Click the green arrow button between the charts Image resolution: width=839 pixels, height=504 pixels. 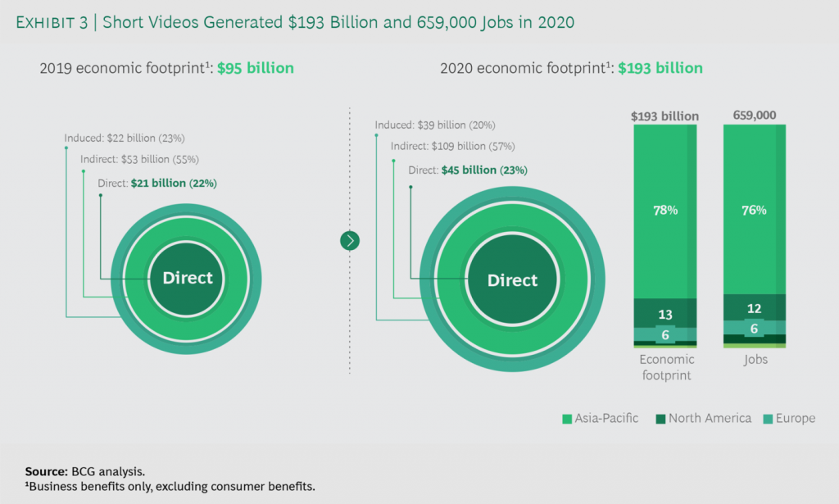[350, 240]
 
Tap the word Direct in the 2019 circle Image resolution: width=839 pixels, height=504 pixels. [187, 278]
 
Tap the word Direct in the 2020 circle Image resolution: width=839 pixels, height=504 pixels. [512, 280]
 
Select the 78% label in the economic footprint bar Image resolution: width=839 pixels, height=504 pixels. [664, 210]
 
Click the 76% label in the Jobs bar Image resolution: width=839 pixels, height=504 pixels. [754, 210]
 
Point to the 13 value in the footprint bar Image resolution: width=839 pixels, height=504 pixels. [664, 315]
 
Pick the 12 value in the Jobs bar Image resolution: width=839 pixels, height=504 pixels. [754, 308]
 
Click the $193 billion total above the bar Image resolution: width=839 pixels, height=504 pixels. [664, 116]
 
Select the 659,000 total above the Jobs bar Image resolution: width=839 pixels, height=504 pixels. [755, 116]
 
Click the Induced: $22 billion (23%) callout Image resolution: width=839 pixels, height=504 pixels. [130, 138]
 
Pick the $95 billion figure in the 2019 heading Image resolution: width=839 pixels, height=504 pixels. [255, 68]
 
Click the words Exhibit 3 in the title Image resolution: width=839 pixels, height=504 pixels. [52, 22]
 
